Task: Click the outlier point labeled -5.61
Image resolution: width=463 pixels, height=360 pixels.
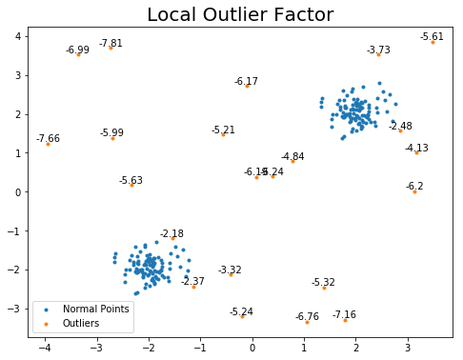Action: pyautogui.click(x=433, y=42)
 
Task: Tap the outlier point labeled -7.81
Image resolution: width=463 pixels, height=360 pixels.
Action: pyautogui.click(x=111, y=48)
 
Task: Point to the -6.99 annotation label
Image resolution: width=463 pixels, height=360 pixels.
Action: pyautogui.click(x=77, y=50)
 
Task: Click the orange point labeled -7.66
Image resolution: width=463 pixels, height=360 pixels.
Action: pyautogui.click(x=48, y=144)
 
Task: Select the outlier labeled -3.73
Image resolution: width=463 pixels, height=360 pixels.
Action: pyautogui.click(x=378, y=54)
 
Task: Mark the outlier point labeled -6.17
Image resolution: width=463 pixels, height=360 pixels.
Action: pyautogui.click(x=247, y=86)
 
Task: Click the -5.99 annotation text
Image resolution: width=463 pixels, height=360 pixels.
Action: pyautogui.click(x=111, y=132)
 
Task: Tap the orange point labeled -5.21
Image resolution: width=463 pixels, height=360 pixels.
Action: pyautogui.click(x=223, y=134)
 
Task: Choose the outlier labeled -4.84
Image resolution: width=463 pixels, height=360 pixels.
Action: pyautogui.click(x=292, y=161)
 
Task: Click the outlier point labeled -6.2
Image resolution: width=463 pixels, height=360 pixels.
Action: pyautogui.click(x=414, y=191)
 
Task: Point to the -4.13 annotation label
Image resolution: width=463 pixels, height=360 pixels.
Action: pyautogui.click(x=416, y=148)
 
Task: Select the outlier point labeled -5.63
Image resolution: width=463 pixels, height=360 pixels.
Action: pyautogui.click(x=131, y=185)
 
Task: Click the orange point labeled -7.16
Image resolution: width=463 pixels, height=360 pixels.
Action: pyautogui.click(x=345, y=320)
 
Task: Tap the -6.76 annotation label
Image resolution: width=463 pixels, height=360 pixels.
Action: pyautogui.click(x=307, y=316)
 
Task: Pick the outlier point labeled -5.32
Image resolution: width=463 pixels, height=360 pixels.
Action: pyautogui.click(x=324, y=288)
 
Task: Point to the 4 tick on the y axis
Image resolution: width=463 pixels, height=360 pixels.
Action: pyautogui.click(x=17, y=36)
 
